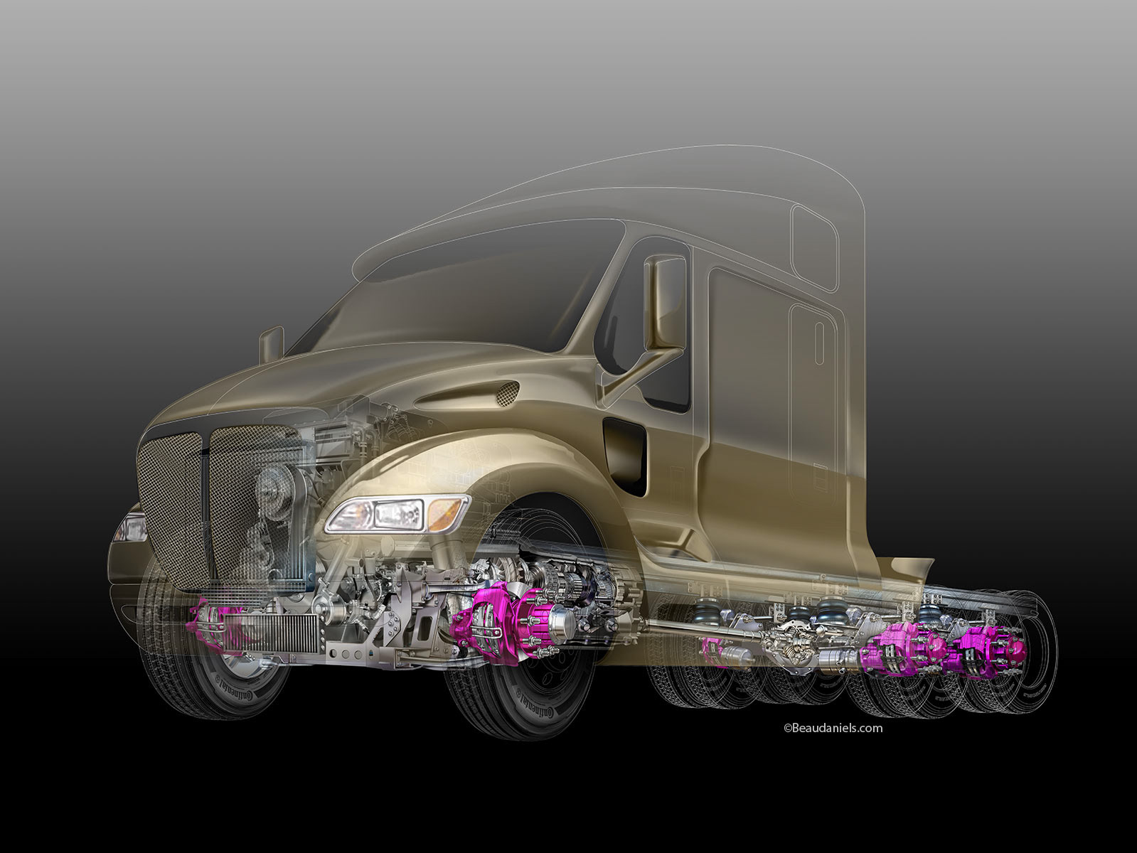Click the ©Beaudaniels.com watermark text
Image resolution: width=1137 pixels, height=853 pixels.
pyautogui.click(x=833, y=728)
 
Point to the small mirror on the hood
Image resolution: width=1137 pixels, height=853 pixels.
pyautogui.click(x=272, y=344)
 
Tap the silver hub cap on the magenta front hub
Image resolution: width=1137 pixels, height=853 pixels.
pyautogui.click(x=564, y=620)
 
